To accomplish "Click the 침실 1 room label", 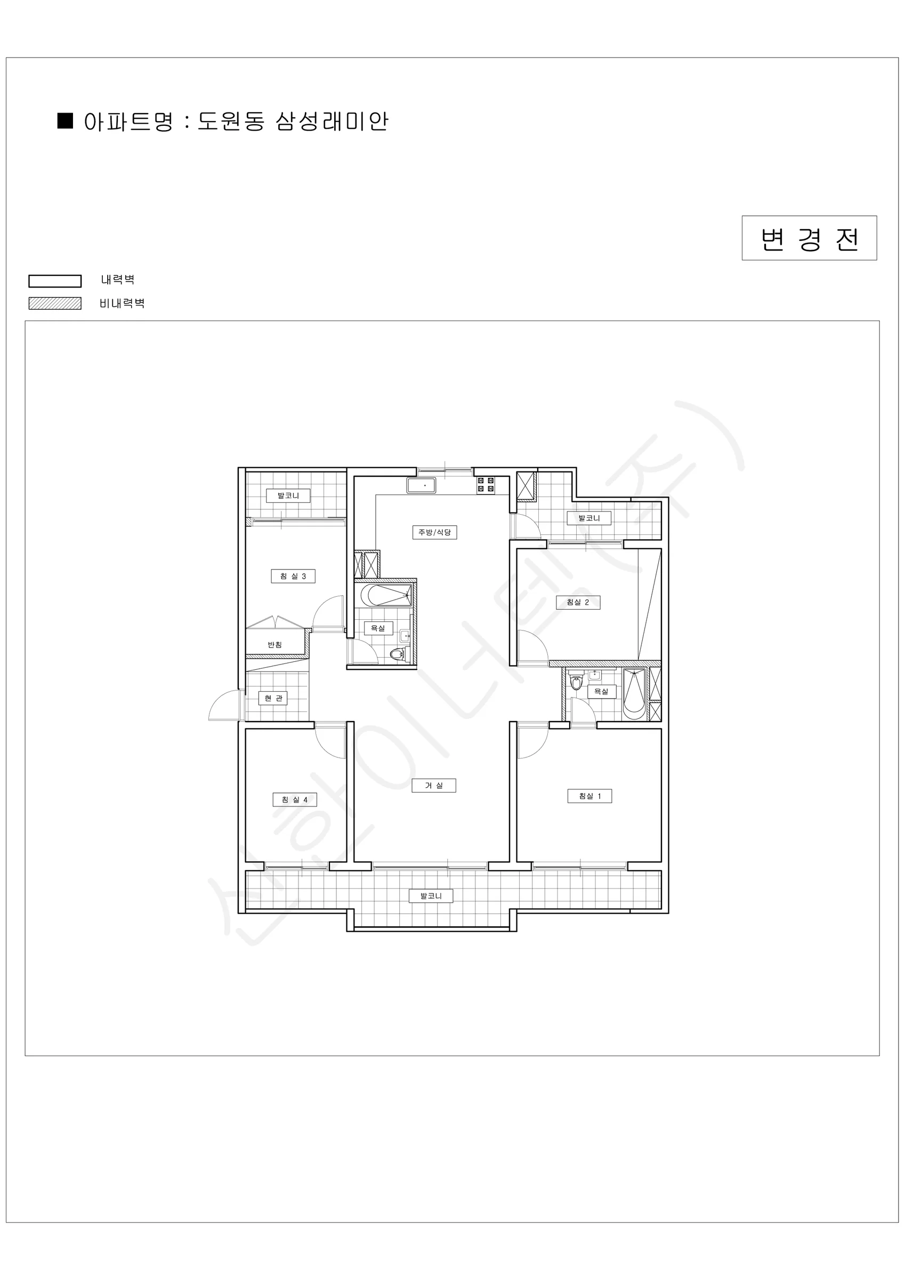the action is (589, 796).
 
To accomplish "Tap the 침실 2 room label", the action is (578, 602).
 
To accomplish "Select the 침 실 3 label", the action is (293, 576).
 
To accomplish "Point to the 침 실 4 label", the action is (294, 799).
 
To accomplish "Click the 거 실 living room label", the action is (433, 786).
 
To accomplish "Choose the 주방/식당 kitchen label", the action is (435, 532).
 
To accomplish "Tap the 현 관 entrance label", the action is (273, 698).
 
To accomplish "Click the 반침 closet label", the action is (274, 644).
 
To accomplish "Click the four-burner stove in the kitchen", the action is (486, 484).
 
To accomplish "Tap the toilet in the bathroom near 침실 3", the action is (397, 654).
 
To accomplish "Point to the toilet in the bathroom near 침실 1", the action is (576, 682).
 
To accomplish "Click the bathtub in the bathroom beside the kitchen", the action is (386, 595).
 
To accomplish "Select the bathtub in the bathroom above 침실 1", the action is (634, 693).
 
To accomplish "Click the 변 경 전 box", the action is (809, 238).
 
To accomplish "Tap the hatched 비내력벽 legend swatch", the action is (54, 303).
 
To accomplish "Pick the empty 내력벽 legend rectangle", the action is (54, 281).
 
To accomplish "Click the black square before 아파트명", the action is (66, 121).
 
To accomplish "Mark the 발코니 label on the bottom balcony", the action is (431, 896).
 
